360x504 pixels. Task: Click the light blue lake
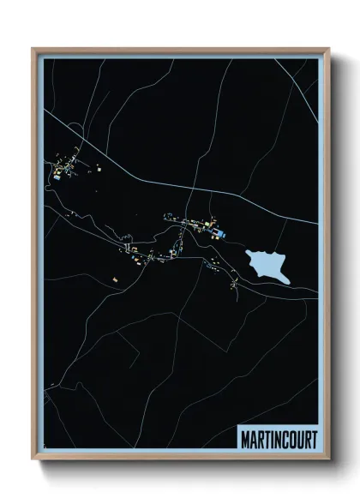pyautogui.click(x=267, y=264)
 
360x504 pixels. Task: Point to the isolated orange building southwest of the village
pyautogui.click(x=114, y=279)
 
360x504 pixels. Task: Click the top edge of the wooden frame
pyautogui.click(x=180, y=49)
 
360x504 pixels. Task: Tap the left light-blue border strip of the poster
pyautogui.click(x=39, y=257)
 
